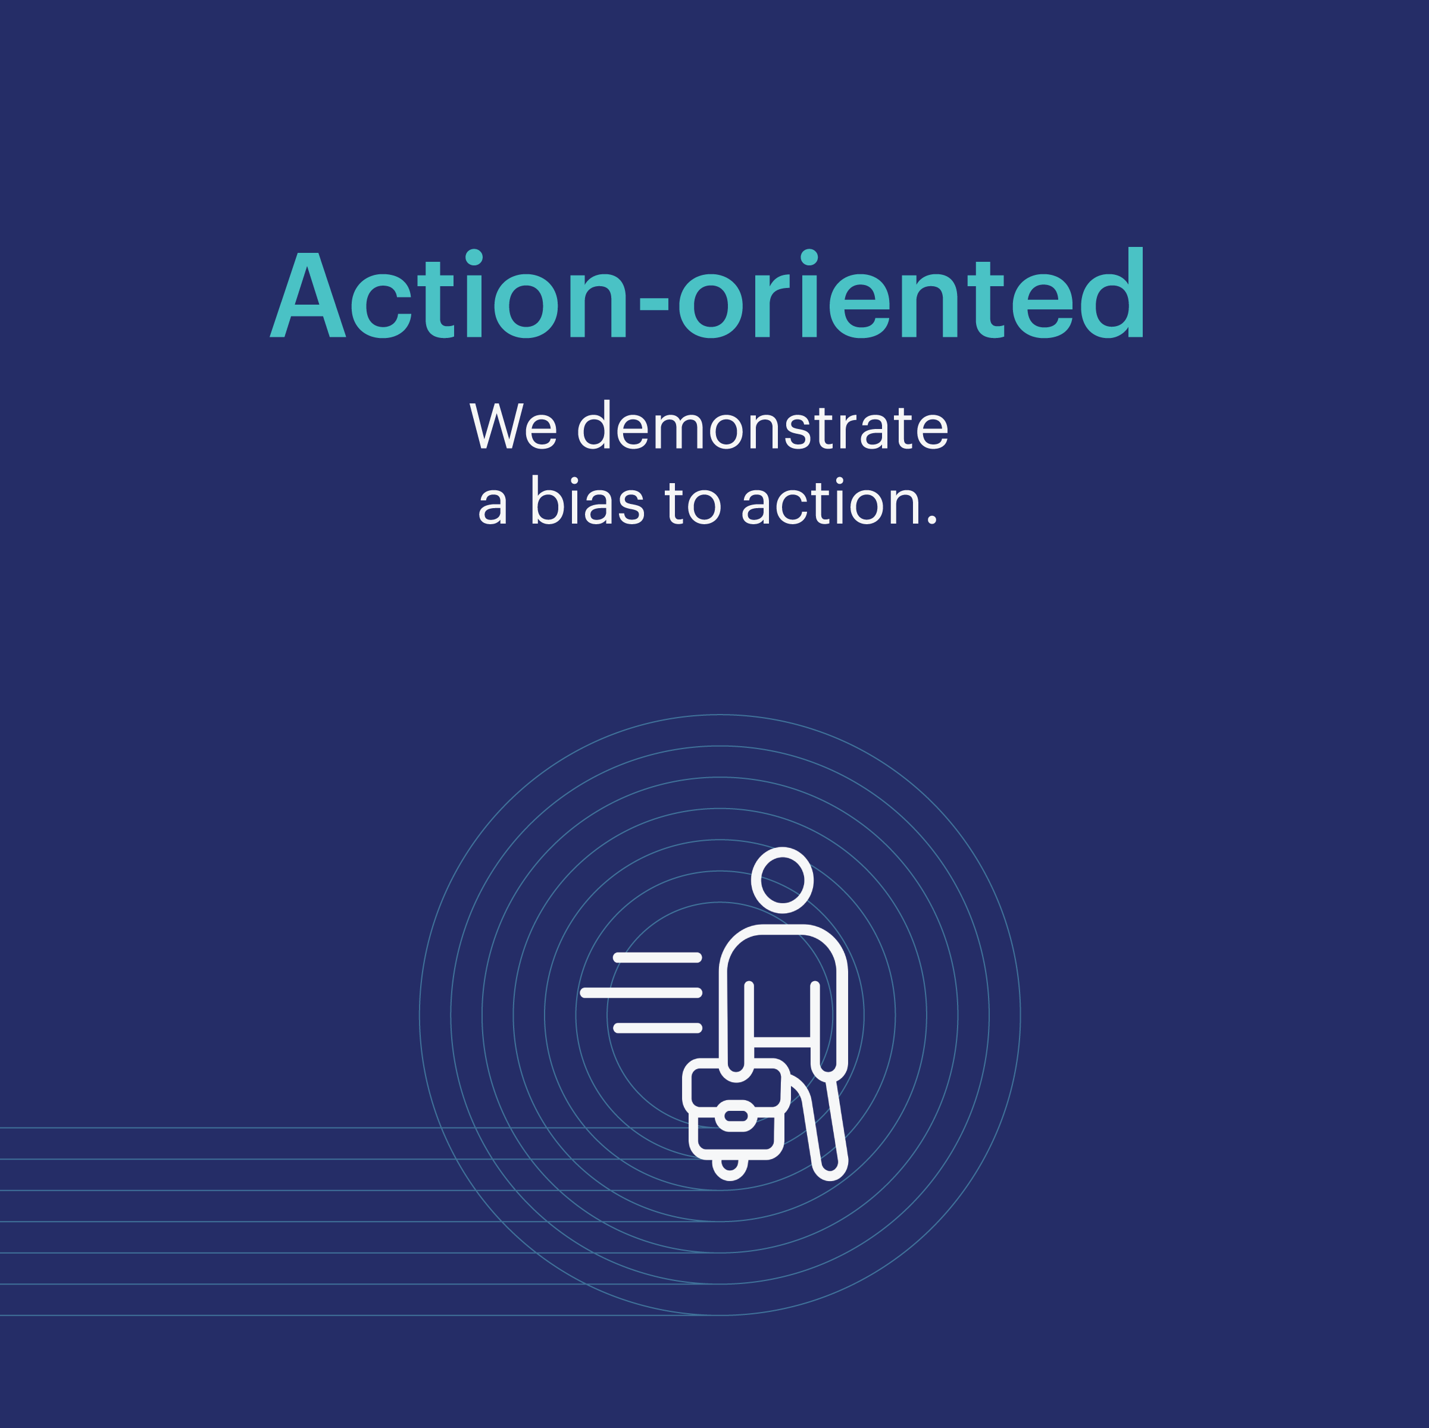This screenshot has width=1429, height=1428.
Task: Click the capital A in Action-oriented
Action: point(308,295)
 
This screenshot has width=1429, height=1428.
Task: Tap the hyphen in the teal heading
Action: point(654,303)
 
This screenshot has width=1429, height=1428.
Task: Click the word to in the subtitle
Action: point(693,503)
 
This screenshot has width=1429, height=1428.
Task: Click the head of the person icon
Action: point(783,880)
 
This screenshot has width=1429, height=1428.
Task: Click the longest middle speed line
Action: point(641,992)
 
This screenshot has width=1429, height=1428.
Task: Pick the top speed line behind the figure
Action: point(658,958)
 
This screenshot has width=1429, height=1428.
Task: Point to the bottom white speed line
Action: point(658,1028)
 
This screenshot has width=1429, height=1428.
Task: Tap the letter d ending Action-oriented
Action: point(1112,293)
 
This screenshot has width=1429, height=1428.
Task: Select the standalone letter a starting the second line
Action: point(493,505)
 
